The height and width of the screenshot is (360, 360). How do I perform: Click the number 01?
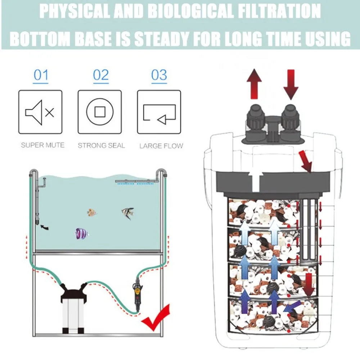point(41,76)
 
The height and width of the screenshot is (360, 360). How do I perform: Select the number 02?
point(100,76)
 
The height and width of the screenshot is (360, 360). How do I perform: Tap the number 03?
point(159,76)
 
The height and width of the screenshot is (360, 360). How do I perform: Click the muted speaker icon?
point(40,112)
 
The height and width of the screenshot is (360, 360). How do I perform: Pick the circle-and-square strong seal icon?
point(100,112)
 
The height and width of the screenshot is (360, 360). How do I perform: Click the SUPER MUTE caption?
point(42,145)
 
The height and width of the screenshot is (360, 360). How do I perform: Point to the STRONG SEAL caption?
point(101,145)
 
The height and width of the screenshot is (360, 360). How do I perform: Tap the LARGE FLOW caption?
point(161,146)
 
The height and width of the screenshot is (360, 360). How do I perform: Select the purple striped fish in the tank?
point(81,234)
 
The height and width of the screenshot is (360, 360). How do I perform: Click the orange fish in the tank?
point(92,213)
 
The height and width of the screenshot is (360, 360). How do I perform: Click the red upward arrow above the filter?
point(254,84)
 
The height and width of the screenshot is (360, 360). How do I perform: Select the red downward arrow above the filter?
point(291,84)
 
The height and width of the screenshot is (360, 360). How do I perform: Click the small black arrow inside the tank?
point(44,227)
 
